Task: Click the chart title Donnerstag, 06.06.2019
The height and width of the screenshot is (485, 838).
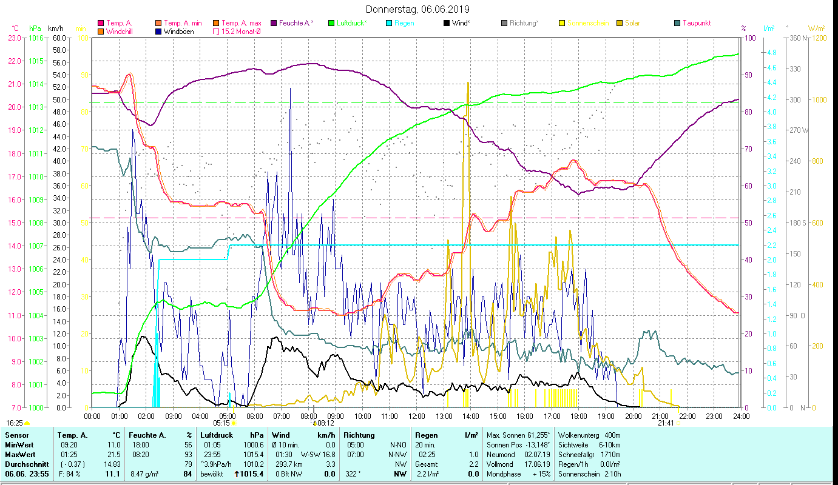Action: click(418, 9)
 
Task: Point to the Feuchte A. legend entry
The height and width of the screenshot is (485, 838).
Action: click(296, 23)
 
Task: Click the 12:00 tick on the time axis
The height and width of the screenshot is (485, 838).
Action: click(416, 416)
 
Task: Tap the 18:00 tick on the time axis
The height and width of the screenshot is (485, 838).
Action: click(579, 416)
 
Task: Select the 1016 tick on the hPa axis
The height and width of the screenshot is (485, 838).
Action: click(36, 38)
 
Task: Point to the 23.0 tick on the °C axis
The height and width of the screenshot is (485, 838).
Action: click(15, 38)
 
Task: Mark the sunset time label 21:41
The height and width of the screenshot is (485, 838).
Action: click(666, 423)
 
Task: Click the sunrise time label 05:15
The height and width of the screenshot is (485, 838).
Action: click(221, 423)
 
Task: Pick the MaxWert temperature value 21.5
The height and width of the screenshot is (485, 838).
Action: click(112, 454)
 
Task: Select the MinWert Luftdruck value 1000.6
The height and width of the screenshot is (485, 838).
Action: click(254, 444)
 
